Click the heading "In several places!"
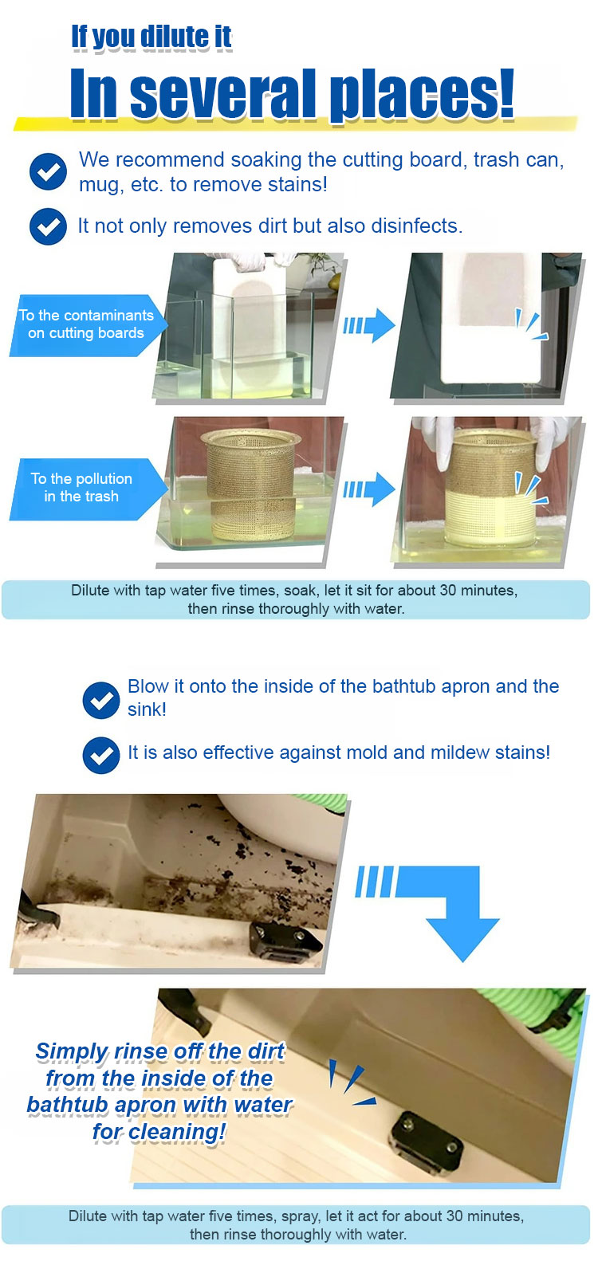coord(292,93)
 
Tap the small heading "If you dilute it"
coord(151,37)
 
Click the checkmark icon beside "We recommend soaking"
coord(48,171)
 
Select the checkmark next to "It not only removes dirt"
coord(48,226)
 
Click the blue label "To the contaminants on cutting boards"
coord(86,324)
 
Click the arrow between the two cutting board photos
coord(369,326)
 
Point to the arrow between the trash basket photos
coord(369,489)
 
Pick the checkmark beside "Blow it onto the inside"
coord(101,701)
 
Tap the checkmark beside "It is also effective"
coord(101,755)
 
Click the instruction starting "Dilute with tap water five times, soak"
coord(295,599)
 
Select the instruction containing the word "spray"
coord(297,1225)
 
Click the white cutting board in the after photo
coord(490,319)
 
